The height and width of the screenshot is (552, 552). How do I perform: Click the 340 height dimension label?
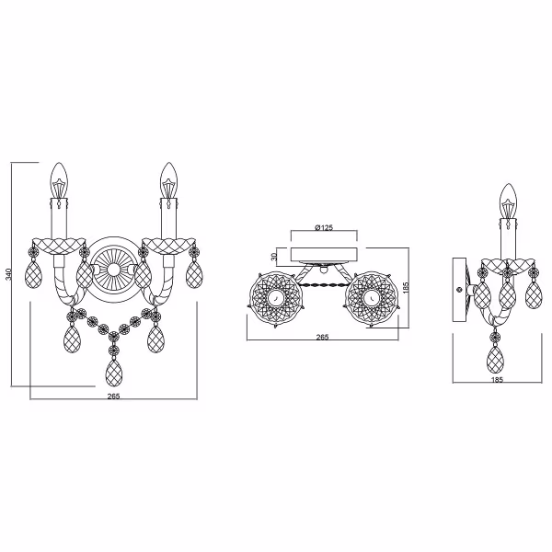[7, 274]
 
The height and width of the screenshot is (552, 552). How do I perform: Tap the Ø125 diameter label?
[323, 226]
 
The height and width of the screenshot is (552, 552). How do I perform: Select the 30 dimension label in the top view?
[275, 257]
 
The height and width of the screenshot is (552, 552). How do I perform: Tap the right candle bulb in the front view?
[167, 178]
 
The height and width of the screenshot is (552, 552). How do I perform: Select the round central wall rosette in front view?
[113, 268]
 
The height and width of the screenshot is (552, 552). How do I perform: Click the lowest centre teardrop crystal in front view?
[114, 370]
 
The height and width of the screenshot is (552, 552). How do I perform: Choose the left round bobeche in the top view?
[273, 299]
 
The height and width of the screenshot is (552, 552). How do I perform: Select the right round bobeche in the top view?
[370, 299]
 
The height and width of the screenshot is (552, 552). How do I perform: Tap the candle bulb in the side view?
[506, 200]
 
